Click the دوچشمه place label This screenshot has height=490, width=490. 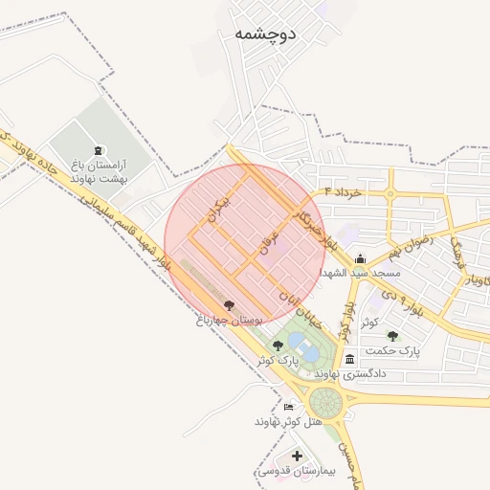265,34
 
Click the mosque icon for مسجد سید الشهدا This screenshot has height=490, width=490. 359,258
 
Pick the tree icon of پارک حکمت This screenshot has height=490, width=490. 392,336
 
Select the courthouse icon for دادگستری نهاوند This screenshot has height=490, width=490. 350,359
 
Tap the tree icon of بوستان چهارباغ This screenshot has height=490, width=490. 229,305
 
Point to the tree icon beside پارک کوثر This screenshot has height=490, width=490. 278,345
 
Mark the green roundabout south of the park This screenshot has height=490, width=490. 325,401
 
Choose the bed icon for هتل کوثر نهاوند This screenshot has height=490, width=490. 289,408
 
